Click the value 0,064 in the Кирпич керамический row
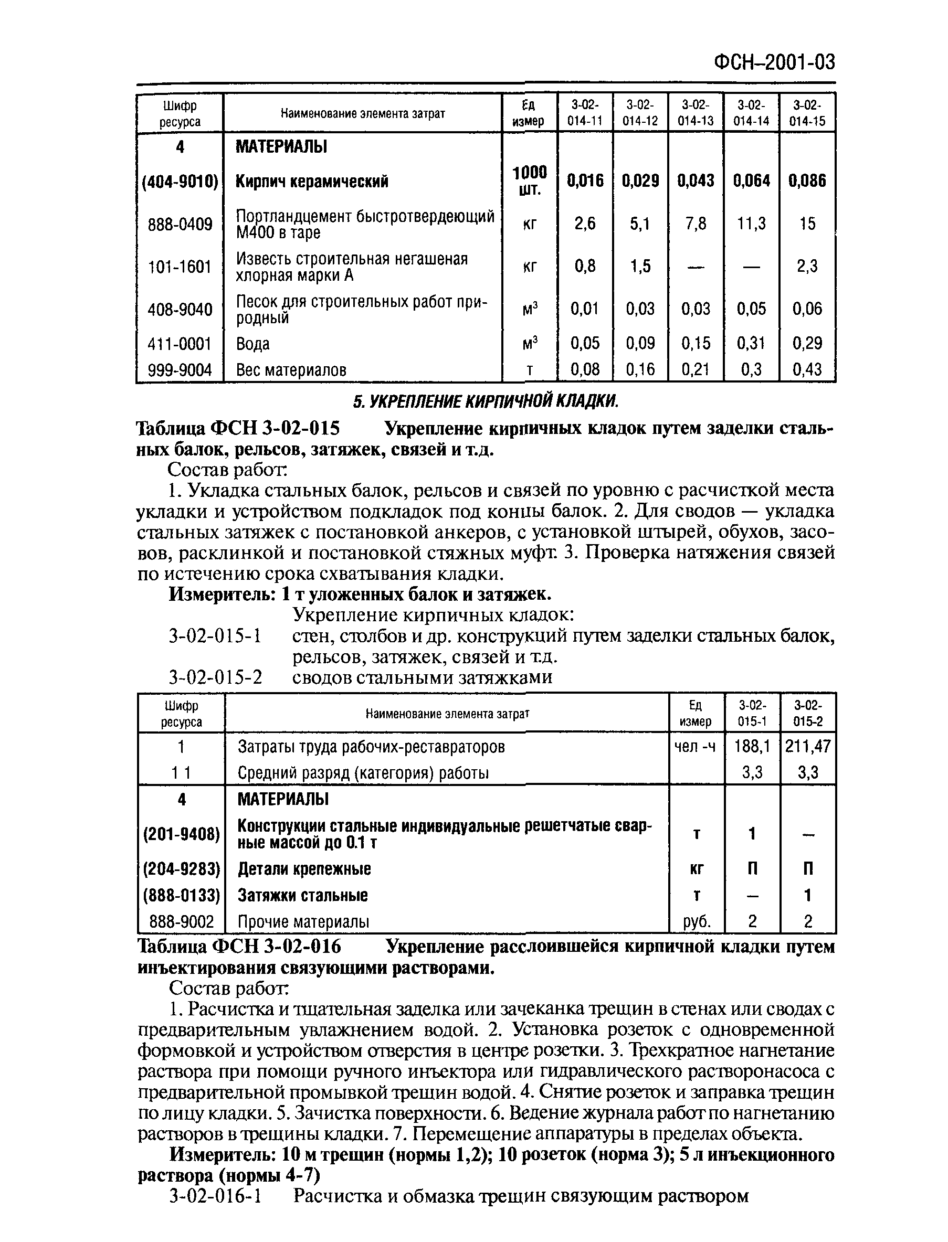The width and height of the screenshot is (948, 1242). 751,181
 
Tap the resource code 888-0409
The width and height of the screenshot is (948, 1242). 180,225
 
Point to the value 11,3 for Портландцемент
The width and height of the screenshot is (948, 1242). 751,224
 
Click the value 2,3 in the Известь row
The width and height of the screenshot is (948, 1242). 807,266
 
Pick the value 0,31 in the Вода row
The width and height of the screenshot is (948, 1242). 751,343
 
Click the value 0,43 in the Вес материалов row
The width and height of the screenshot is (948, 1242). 807,370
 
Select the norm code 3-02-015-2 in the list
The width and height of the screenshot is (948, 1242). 215,677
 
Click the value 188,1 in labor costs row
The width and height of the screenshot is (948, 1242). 752,747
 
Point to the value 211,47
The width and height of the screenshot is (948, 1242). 807,747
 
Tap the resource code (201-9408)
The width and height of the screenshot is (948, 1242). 181,834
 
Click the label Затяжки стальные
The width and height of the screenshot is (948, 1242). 302,895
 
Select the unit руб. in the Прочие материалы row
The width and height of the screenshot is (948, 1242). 697,921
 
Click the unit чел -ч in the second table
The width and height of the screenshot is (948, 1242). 695,747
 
